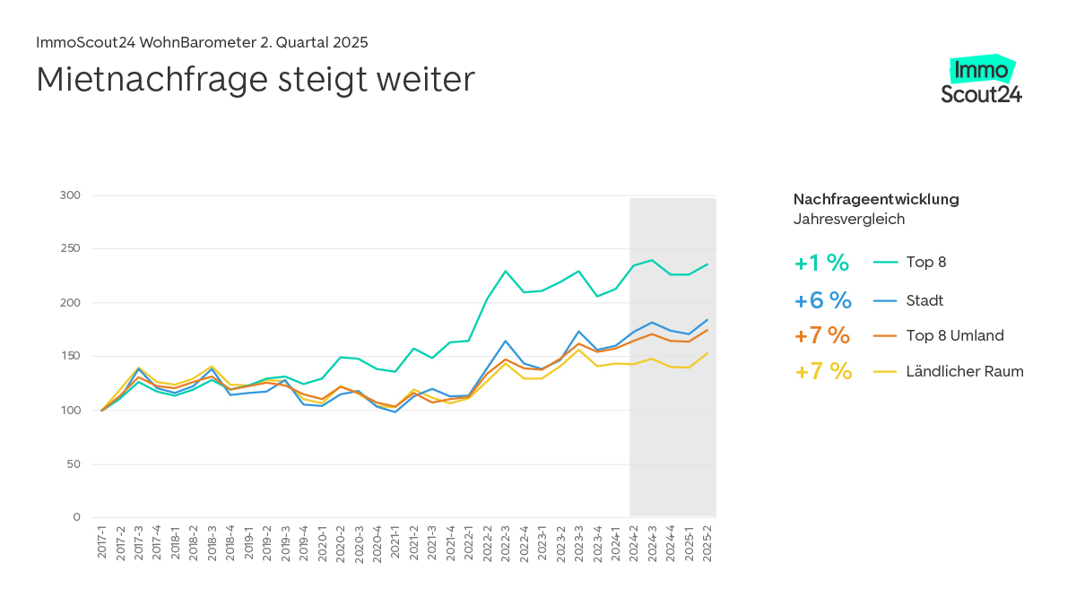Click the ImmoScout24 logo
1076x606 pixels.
tap(981, 81)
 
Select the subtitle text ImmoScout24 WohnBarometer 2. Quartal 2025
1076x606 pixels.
tap(202, 42)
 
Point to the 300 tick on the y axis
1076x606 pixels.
tap(70, 195)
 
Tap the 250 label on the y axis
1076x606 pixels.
tap(70, 249)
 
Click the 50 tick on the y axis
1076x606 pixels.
tap(74, 464)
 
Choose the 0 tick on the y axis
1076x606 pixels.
tap(77, 517)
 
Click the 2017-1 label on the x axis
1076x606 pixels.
tap(102, 543)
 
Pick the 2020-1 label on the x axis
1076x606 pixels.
tap(322, 543)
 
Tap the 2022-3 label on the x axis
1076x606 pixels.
tap(506, 543)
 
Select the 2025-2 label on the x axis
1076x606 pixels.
tap(707, 543)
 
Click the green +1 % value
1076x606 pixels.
tap(821, 263)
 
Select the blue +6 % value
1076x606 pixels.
tap(821, 300)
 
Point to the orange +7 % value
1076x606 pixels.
tap(821, 335)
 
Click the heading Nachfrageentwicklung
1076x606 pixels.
tap(876, 199)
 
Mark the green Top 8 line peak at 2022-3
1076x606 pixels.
tap(506, 271)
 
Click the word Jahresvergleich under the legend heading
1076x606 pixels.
tap(849, 219)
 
